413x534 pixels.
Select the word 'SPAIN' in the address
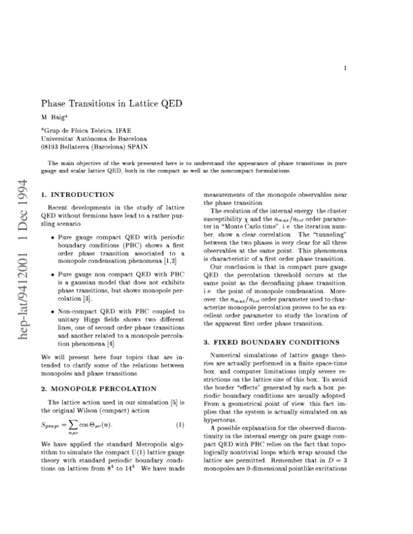pos(135,147)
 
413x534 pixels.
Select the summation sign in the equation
pos(76,427)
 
